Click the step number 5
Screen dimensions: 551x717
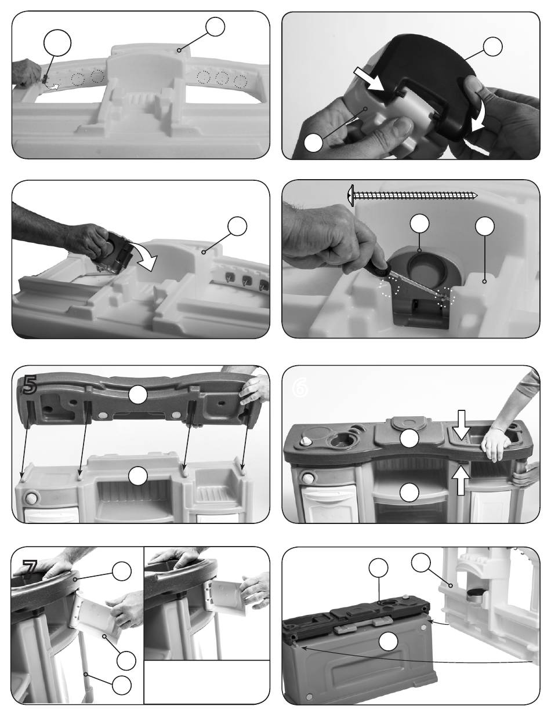(30, 385)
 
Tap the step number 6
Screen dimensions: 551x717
(300, 389)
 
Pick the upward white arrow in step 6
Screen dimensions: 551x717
(461, 481)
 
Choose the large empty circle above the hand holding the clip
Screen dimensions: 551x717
(57, 44)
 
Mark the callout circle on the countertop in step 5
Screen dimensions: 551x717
(137, 395)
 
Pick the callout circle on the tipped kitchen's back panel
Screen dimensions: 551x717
(389, 641)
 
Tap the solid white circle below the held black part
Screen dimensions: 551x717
(313, 143)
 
